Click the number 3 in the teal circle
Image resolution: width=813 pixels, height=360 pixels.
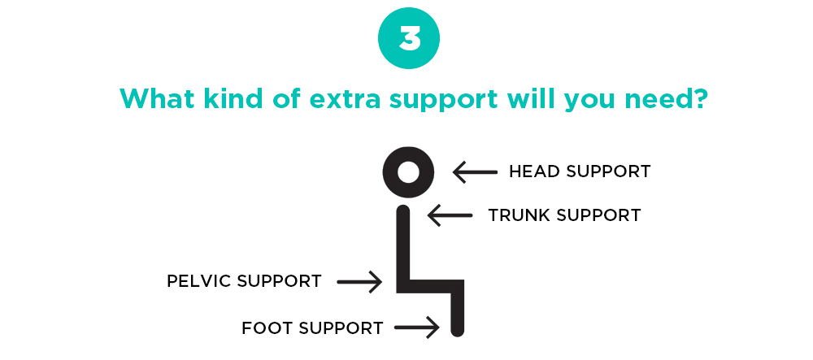click(x=409, y=38)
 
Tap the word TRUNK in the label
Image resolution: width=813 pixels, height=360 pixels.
click(x=515, y=215)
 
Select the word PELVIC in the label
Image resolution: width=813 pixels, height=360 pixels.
click(x=198, y=281)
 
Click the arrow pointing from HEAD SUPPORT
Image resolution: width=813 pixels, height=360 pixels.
click(x=475, y=172)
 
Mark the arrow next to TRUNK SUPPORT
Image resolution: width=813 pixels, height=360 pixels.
click(x=450, y=215)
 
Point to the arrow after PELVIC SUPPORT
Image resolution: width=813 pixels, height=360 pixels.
click(x=359, y=282)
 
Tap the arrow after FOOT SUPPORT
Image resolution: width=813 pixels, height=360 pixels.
click(x=417, y=327)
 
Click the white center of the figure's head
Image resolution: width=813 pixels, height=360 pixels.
click(x=408, y=172)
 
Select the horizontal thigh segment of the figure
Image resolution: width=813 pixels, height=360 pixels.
click(x=430, y=286)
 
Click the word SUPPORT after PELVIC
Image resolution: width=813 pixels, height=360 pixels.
click(x=280, y=281)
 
